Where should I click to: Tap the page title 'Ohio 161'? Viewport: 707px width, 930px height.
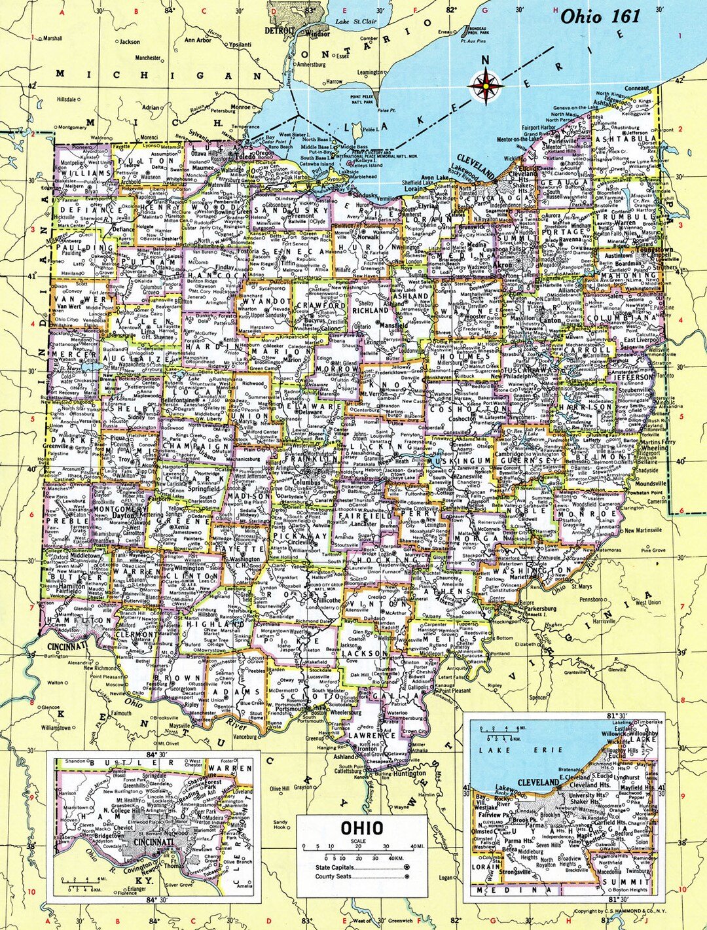pos(600,16)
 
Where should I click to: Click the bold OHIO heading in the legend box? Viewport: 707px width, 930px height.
pos(361,828)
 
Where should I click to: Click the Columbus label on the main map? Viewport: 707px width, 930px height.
pos(306,482)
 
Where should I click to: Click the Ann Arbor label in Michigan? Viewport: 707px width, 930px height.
pos(198,40)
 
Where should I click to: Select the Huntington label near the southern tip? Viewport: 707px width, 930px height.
pos(409,773)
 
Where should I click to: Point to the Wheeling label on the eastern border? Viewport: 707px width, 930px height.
pos(656,448)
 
